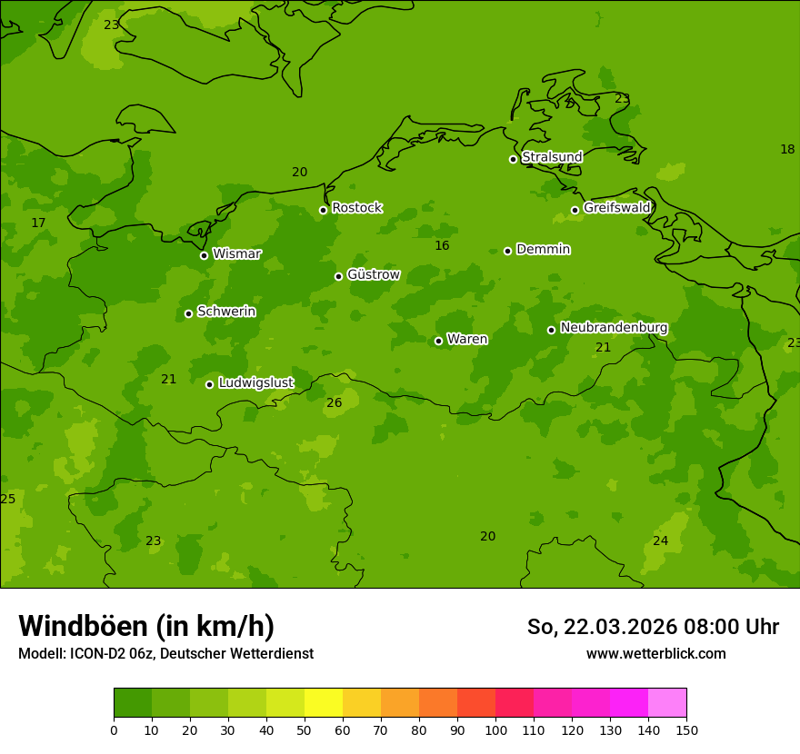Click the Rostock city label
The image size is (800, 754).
click(356, 208)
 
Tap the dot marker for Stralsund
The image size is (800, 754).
click(513, 159)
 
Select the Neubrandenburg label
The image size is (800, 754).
click(614, 328)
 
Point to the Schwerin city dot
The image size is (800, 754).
click(188, 313)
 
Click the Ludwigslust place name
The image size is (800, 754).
click(255, 383)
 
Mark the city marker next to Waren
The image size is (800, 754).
click(438, 341)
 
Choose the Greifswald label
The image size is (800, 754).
click(616, 208)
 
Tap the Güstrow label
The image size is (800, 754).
click(373, 274)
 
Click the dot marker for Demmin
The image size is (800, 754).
click(507, 251)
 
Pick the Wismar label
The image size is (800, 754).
click(236, 254)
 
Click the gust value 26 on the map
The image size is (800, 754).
click(335, 402)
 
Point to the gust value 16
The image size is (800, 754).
click(442, 246)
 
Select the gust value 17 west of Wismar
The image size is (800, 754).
click(38, 223)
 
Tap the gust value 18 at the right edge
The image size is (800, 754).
click(787, 150)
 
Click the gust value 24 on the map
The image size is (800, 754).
click(661, 541)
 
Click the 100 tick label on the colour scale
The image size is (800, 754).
click(495, 729)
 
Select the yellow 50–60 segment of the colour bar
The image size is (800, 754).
click(324, 703)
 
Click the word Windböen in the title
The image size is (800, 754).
click(82, 627)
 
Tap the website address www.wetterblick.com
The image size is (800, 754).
click(655, 654)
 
